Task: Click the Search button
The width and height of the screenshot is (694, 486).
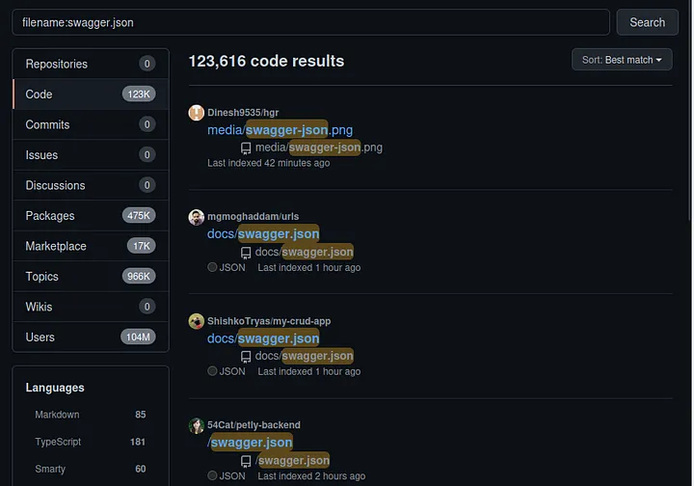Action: [647, 22]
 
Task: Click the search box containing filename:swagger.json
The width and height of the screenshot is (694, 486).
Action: [310, 22]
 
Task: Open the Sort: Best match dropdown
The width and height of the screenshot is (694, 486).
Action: [622, 60]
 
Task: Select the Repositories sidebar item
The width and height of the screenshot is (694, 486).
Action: [91, 64]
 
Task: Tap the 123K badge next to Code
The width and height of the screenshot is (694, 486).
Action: [139, 94]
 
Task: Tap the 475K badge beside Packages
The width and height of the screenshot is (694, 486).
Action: [139, 216]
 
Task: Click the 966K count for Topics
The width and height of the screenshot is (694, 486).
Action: [139, 276]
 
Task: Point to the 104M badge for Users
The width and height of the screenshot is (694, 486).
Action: [138, 337]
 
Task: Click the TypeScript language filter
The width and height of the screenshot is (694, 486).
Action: [58, 442]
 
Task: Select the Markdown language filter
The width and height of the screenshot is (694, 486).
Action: [57, 415]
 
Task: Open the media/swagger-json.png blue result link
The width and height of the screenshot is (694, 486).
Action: [280, 130]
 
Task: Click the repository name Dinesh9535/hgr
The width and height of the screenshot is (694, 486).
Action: [243, 113]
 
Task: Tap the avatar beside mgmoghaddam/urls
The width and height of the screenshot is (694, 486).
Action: [196, 217]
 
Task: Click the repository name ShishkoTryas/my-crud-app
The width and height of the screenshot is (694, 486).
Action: [269, 321]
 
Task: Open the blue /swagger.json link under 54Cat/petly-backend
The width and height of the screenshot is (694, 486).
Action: [250, 443]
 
